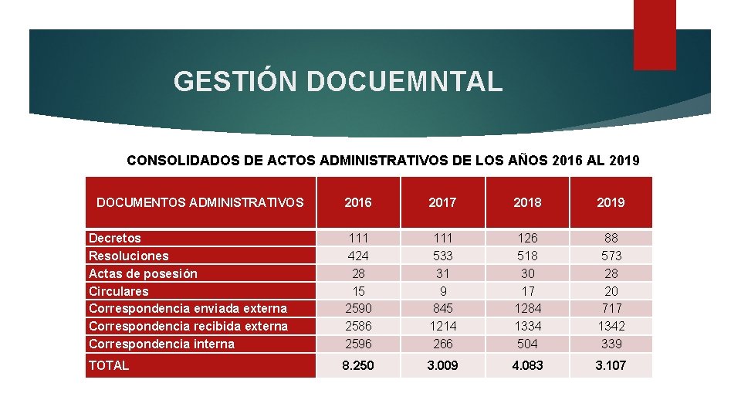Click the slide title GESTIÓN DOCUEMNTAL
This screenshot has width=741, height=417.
(x=338, y=81)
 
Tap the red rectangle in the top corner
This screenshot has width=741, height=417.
(x=654, y=35)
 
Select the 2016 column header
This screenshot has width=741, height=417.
(x=357, y=202)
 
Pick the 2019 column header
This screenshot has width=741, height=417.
(x=611, y=202)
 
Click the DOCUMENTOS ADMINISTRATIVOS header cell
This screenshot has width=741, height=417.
(x=200, y=202)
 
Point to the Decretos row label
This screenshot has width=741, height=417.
(x=115, y=239)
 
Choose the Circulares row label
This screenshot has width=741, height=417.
(x=119, y=291)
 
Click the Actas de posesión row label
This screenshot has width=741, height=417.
(x=143, y=273)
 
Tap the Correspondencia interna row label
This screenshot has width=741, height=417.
(x=161, y=344)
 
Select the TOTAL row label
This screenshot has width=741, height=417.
(x=109, y=365)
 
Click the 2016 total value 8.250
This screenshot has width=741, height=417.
(x=357, y=365)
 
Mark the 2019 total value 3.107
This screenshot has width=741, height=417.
(x=611, y=365)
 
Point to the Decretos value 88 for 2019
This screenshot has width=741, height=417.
(x=611, y=239)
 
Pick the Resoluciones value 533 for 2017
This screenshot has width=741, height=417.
(x=442, y=256)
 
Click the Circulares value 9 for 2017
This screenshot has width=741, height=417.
(x=442, y=291)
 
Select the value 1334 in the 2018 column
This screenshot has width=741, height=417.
(x=527, y=326)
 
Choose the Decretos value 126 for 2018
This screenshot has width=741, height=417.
(x=527, y=239)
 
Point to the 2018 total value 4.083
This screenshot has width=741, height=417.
(x=527, y=365)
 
